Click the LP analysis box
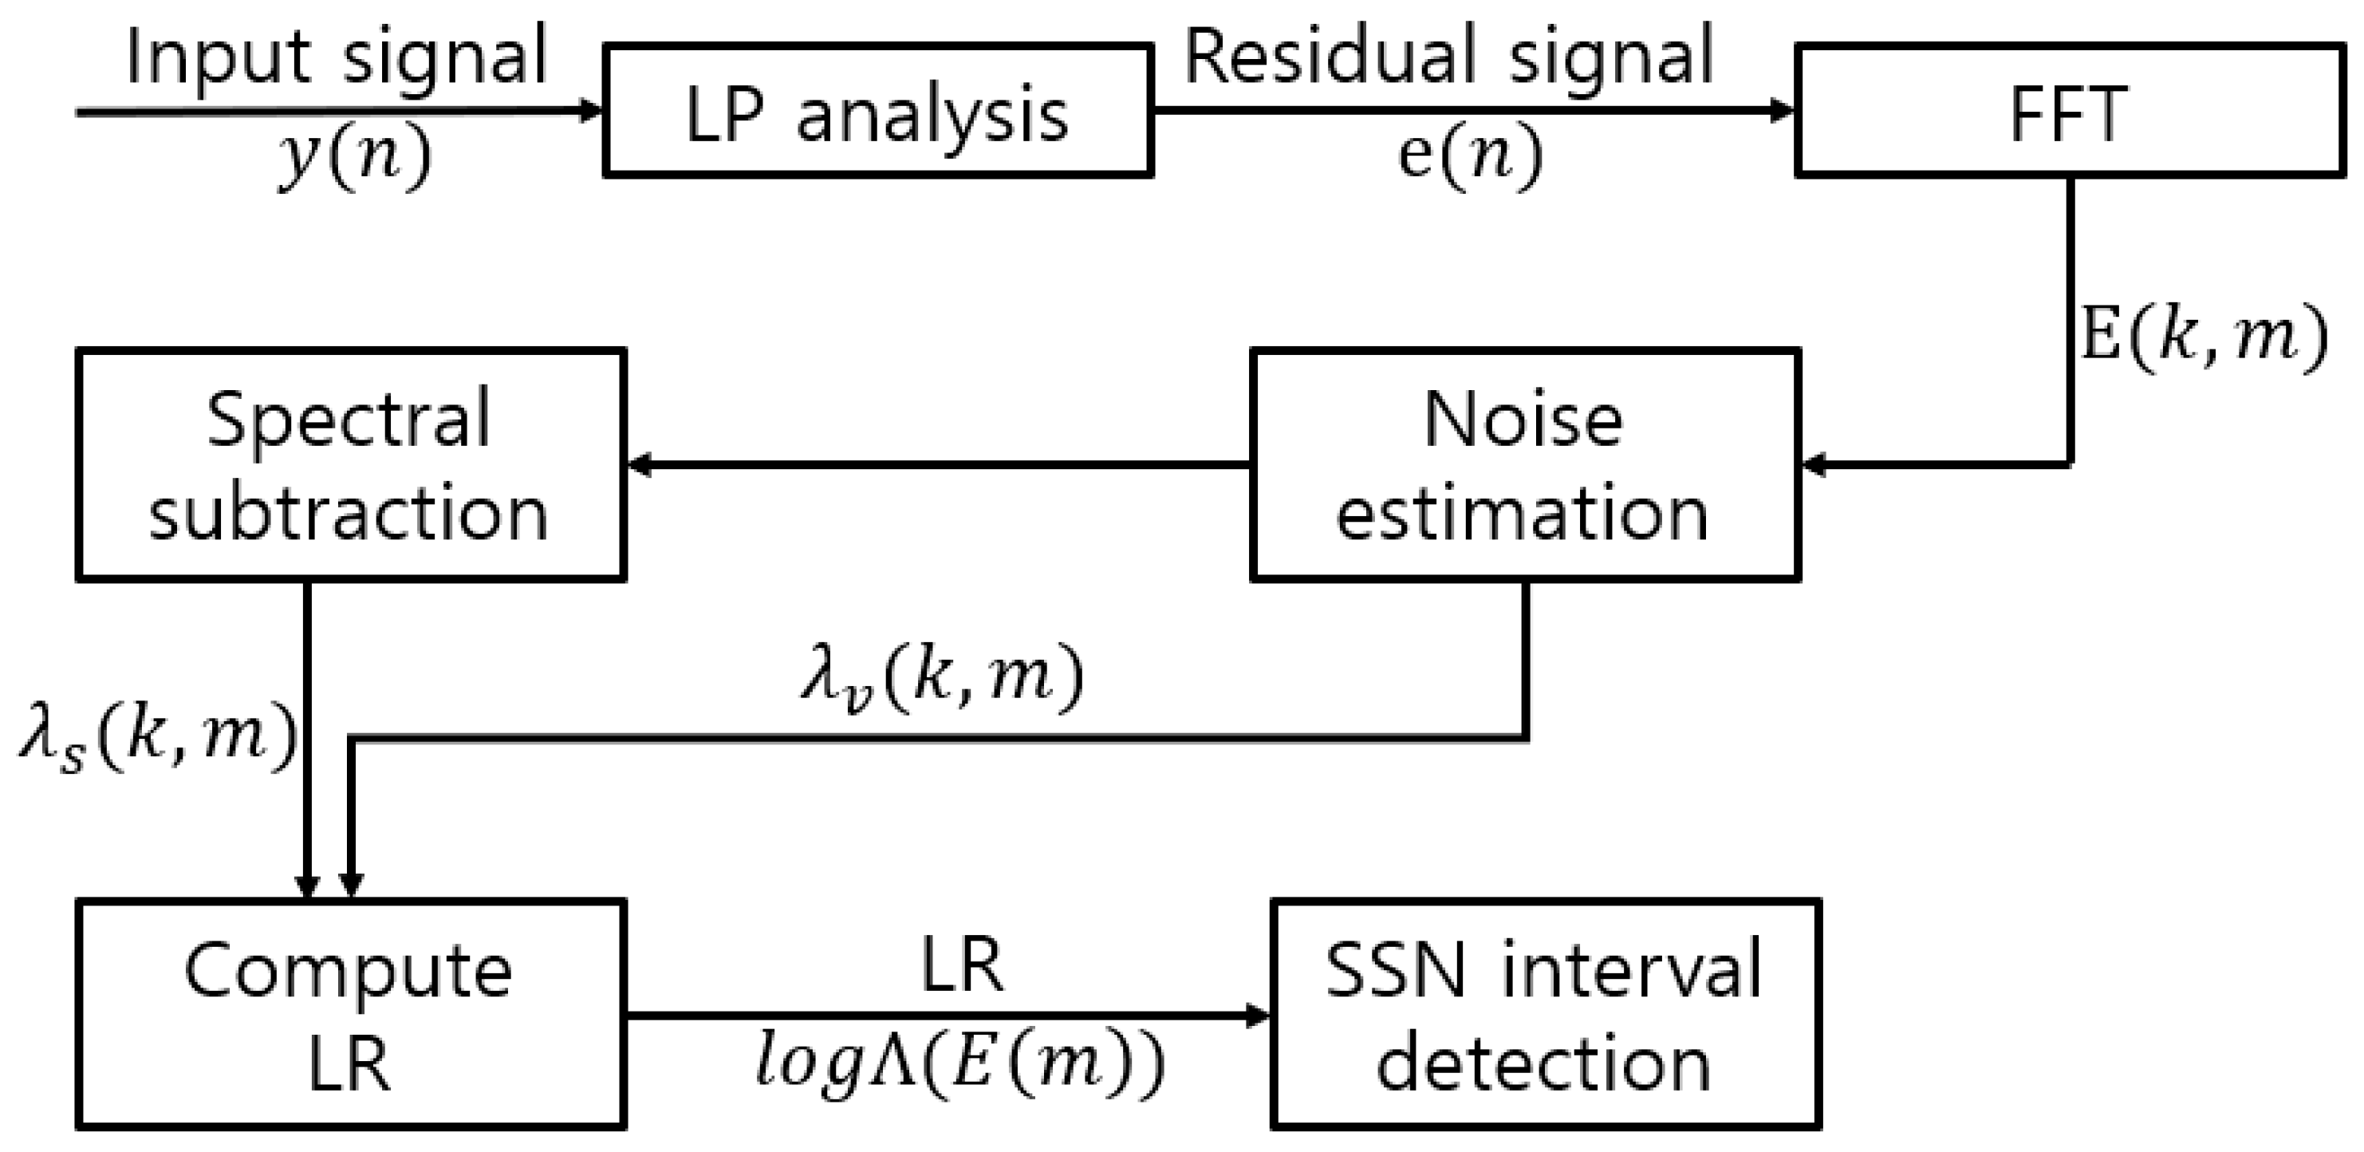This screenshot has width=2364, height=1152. point(877,111)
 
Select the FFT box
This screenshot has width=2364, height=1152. point(2070,111)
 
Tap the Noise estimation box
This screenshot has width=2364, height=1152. point(1524,464)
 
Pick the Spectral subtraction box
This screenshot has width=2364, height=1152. point(351,464)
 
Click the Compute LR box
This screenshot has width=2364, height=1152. point(351,1014)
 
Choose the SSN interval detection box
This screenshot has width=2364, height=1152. point(1544,1014)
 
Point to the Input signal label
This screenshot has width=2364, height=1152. point(336,57)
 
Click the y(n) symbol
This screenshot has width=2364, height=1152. point(354,158)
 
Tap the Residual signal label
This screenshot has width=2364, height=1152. point(1448,57)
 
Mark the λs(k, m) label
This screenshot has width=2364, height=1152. point(158,740)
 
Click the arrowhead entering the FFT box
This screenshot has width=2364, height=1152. point(1783,111)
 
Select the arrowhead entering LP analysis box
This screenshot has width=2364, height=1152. point(591,112)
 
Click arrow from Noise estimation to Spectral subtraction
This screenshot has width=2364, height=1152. point(936,464)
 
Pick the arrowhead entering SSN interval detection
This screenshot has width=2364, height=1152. point(1259,1016)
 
